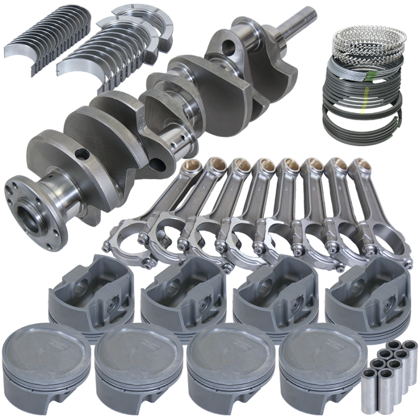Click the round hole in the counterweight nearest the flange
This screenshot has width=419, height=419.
(x=81, y=154)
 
